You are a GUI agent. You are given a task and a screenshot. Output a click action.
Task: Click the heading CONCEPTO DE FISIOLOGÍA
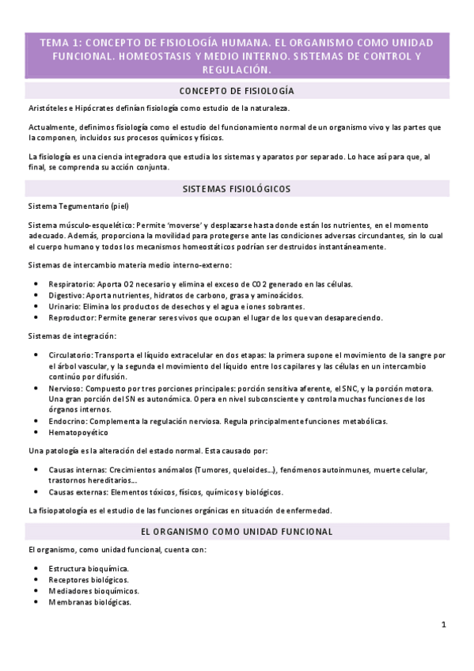tap(237, 91)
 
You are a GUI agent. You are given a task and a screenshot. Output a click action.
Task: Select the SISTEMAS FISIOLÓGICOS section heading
tap(237, 189)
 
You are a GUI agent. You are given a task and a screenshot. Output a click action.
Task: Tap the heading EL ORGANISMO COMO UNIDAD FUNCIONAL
tap(237, 531)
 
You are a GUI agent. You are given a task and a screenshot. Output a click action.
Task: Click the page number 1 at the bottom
tap(444, 624)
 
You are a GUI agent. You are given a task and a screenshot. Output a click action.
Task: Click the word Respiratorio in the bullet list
tap(69, 284)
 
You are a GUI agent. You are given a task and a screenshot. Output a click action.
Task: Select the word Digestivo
tap(66, 295)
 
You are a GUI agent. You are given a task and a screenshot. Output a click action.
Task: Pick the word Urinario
tap(64, 306)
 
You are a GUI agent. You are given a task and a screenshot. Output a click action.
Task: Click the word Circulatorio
tap(70, 354)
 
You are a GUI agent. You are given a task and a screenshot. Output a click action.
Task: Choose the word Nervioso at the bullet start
tap(65, 389)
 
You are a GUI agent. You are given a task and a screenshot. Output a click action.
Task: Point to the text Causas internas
tap(77, 470)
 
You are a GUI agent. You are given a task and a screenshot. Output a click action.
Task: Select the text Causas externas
tap(78, 491)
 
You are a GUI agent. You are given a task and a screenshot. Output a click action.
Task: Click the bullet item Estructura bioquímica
tap(88, 569)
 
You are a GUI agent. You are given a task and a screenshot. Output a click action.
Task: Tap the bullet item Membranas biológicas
tap(89, 602)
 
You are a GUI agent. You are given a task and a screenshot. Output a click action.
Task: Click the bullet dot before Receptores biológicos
tap(37, 580)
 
